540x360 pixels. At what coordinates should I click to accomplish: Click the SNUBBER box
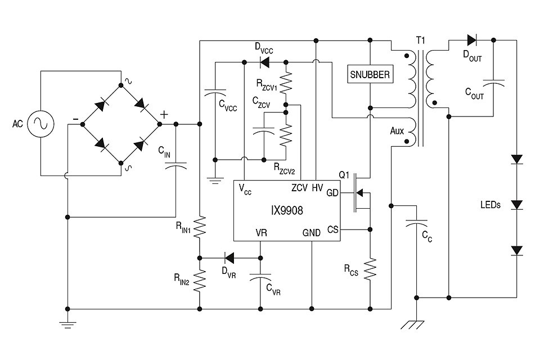click(x=370, y=74)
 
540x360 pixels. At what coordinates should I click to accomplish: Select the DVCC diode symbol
click(x=262, y=61)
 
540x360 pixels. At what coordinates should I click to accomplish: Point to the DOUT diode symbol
click(x=471, y=40)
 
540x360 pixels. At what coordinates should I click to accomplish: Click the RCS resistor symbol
click(x=370, y=269)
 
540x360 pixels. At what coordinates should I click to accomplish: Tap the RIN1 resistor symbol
click(x=200, y=228)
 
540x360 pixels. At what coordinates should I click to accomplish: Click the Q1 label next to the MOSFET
click(x=344, y=175)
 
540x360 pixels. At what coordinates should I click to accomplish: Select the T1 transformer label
click(x=420, y=40)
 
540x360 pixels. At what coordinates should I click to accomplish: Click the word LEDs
click(x=490, y=205)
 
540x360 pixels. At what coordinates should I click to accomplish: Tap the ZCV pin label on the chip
click(x=299, y=187)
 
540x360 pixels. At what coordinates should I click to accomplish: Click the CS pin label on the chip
click(x=332, y=229)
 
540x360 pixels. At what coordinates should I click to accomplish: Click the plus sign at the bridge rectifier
click(x=164, y=114)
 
